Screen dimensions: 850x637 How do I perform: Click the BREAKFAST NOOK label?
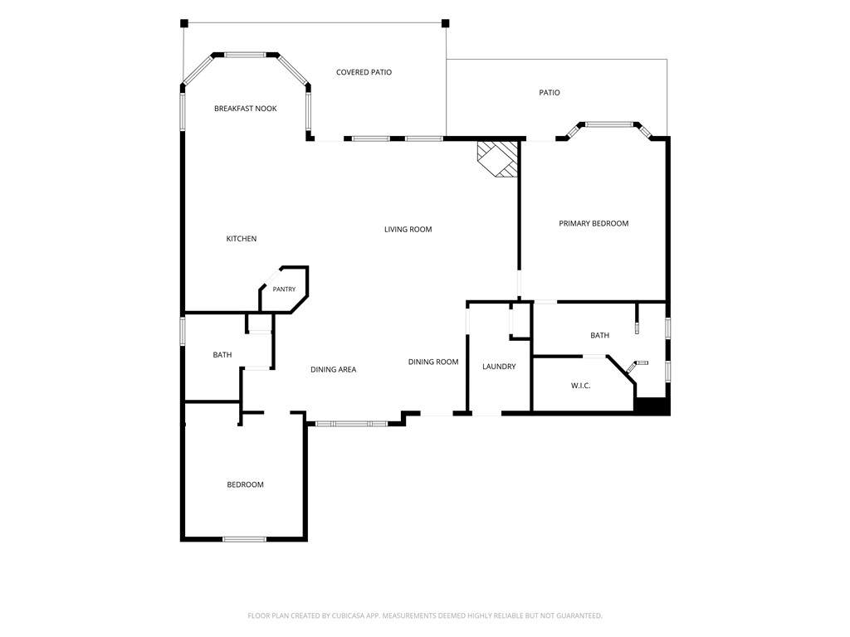pos(246,109)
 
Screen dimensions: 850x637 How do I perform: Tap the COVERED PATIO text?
pos(364,72)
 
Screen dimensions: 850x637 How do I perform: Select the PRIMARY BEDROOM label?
pos(594,223)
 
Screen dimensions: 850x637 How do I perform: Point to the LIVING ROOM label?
pos(408,229)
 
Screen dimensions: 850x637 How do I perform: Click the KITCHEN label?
pos(242,239)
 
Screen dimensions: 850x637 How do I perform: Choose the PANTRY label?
pos(284,289)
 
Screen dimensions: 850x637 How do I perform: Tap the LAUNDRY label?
pos(499,367)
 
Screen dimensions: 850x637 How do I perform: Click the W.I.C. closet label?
pos(580,386)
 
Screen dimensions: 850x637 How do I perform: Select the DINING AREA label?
pos(334,369)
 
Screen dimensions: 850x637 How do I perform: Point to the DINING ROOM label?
pos(433,362)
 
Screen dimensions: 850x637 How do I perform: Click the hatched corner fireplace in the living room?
pos(497,159)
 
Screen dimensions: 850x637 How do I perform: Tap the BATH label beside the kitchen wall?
pos(222,355)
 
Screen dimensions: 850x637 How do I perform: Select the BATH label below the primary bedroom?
pos(599,335)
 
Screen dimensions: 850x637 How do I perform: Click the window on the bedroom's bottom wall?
pos(245,539)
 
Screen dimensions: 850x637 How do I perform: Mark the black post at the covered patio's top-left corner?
pos(184,23)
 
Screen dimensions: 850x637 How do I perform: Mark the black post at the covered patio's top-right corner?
pos(446,23)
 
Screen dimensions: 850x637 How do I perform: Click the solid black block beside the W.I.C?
pos(652,406)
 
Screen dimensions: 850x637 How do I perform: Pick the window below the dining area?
pos(351,423)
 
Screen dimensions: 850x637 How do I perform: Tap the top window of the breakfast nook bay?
pos(245,55)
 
